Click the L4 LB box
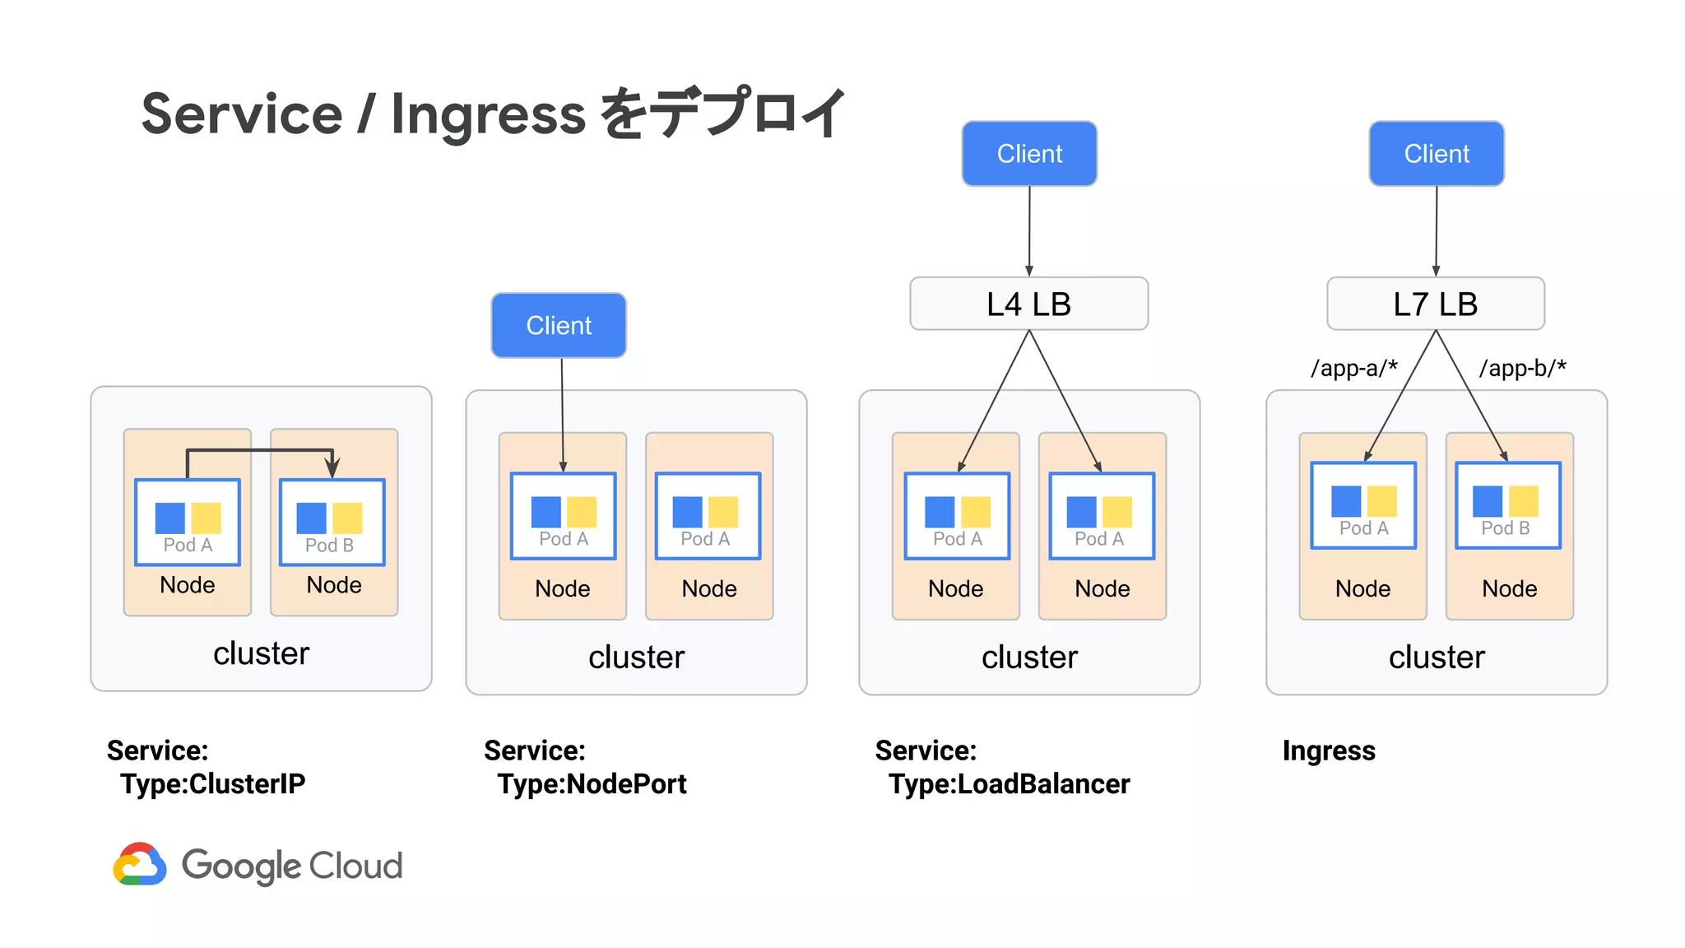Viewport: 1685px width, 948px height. [x=1028, y=304]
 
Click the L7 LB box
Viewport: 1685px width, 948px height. [x=1435, y=304]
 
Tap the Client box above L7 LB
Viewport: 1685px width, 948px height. [x=1436, y=154]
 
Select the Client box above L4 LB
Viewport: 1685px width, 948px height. [x=1028, y=154]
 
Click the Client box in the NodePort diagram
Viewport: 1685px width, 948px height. [x=559, y=326]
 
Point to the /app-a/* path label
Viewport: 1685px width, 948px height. [x=1353, y=368]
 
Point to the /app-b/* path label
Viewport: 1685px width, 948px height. [x=1522, y=368]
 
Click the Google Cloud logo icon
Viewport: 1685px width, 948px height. [x=139, y=864]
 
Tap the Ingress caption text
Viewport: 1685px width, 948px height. [x=1328, y=750]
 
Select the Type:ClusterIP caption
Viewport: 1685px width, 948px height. [x=212, y=783]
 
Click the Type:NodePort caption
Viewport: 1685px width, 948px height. [x=591, y=783]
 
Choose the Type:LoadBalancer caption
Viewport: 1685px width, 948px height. [x=1009, y=783]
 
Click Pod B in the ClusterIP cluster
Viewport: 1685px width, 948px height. [x=332, y=523]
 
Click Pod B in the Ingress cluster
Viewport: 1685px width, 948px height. [x=1507, y=505]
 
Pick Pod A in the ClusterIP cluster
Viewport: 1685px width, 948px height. [x=188, y=523]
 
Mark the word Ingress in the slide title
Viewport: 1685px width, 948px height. [x=488, y=114]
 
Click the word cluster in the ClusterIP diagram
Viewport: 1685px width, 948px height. [x=261, y=653]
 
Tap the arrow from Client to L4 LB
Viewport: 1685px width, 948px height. [x=1028, y=230]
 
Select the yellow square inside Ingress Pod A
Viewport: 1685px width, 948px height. [x=1381, y=501]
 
